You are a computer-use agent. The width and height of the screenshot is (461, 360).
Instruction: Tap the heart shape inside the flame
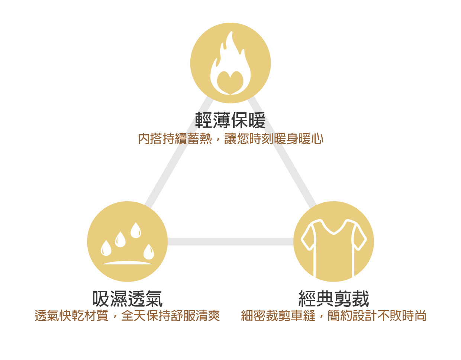point(230,82)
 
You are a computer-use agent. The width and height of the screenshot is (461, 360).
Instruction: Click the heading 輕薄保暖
point(230,120)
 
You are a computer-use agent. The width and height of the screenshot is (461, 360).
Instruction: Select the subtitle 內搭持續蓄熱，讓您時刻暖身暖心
point(230,139)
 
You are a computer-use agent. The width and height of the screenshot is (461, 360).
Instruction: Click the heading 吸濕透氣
point(128,298)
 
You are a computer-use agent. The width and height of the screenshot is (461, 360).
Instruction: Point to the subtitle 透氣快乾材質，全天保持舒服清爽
point(128,316)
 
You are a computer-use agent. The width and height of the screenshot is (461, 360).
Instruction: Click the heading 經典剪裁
point(333,298)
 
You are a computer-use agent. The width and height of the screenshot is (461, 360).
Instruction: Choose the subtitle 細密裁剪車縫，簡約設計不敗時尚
point(333,316)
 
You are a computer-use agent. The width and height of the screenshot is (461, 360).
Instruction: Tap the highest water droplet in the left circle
point(136,230)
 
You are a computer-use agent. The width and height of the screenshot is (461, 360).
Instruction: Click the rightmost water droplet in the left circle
point(149,252)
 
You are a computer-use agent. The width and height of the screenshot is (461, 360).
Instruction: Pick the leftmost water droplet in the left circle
point(106,248)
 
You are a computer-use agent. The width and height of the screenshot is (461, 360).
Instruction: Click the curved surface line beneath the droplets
point(127,263)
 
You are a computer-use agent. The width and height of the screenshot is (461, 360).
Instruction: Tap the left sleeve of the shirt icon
point(308,238)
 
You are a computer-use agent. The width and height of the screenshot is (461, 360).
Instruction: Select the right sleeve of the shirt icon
point(360,238)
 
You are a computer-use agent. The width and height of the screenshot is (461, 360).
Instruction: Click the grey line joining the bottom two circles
point(230,242)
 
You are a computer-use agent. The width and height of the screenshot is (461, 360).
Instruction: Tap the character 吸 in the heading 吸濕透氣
point(101,298)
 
